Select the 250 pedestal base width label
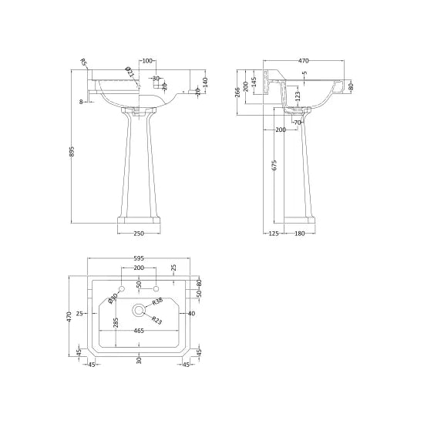point(139,232)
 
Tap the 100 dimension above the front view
point(147,61)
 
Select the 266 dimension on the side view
point(237,93)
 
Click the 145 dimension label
point(254,82)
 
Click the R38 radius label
point(157,300)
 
